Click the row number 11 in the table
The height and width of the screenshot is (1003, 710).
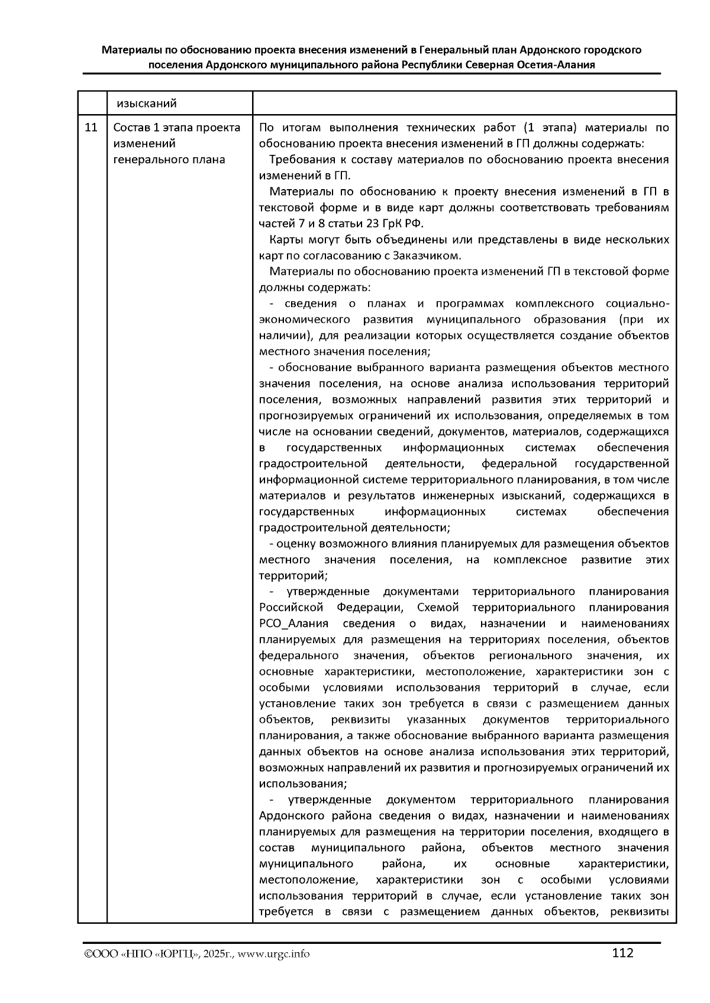click(92, 128)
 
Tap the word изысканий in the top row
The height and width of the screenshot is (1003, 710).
click(146, 104)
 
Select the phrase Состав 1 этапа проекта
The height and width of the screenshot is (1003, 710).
click(176, 128)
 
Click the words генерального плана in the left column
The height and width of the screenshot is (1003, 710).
click(169, 160)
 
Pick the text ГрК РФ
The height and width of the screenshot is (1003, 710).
click(404, 224)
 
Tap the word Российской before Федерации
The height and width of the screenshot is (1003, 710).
click(291, 608)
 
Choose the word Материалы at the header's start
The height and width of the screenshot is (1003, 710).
click(131, 50)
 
